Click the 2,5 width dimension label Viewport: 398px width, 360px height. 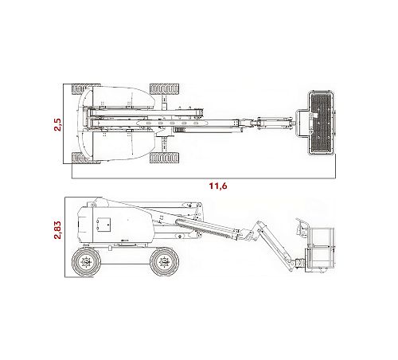57,124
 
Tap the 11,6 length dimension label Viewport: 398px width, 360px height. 218,186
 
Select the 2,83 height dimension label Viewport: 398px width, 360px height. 57,230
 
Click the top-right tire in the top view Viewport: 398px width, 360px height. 164,89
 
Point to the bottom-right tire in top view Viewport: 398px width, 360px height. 164,158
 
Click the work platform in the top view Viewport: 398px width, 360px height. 321,123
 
